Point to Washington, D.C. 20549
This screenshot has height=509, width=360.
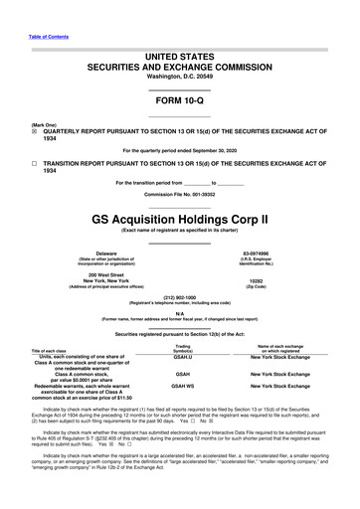pos(179,49)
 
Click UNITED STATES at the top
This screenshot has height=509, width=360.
pos(179,28)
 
